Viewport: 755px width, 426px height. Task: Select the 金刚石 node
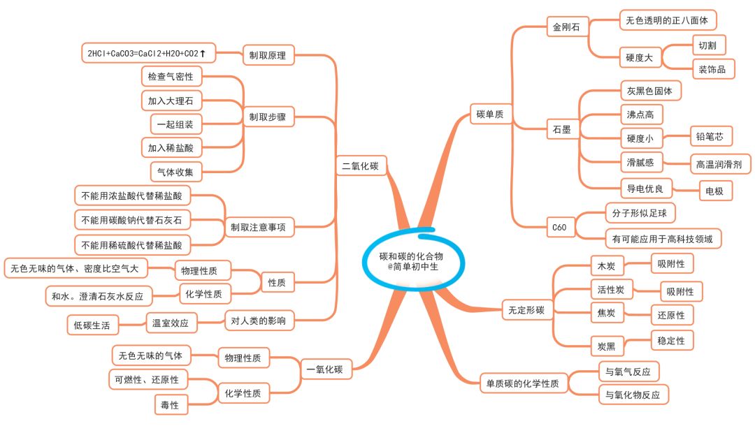click(x=566, y=29)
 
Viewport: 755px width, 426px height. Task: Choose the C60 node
click(x=559, y=227)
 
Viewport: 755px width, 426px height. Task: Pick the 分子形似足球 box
click(x=640, y=212)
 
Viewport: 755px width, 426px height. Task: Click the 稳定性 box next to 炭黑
click(x=671, y=341)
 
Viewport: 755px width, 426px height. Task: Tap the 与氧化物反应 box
click(x=633, y=395)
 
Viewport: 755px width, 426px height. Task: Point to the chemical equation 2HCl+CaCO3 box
click(x=147, y=52)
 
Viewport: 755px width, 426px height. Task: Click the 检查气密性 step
click(x=171, y=75)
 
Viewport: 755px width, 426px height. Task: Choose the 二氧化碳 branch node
click(x=359, y=166)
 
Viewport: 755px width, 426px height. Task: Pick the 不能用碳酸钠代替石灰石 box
click(x=131, y=220)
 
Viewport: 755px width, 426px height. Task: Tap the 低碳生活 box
click(x=92, y=323)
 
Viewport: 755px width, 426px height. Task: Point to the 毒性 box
click(x=170, y=405)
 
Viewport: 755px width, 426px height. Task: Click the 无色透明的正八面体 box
click(x=668, y=20)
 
